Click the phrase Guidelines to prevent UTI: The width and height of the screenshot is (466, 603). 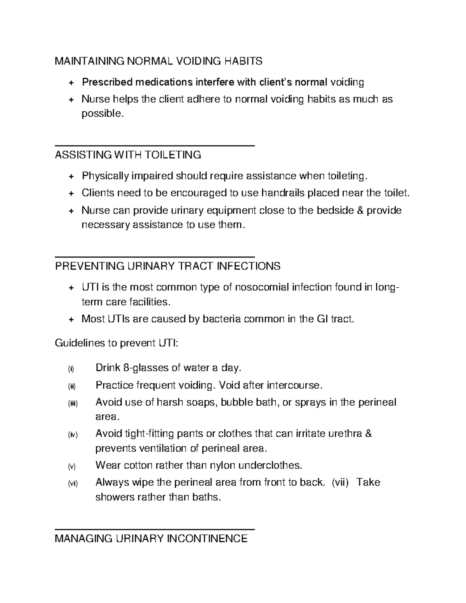(116, 343)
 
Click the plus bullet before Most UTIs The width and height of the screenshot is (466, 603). (71, 320)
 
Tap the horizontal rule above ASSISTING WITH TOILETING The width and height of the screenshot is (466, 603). (155, 145)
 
